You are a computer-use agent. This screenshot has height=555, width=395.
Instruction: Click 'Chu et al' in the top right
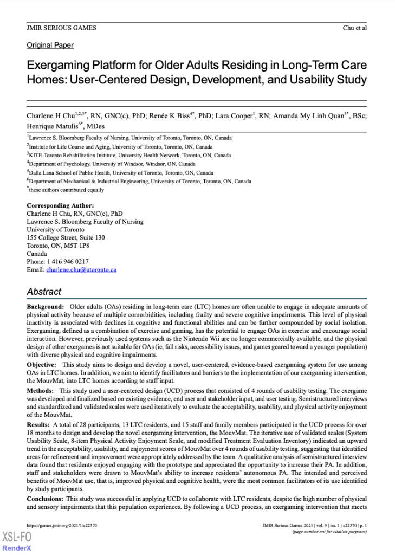[355, 28]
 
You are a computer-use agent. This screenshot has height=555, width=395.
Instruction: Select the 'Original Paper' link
[50, 46]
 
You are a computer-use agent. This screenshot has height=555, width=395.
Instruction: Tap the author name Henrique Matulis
[52, 126]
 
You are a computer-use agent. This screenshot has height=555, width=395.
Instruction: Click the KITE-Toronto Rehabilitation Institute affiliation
[129, 155]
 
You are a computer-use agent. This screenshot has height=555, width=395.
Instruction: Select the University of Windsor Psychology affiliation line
[112, 164]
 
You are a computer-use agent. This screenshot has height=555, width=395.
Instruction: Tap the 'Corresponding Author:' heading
[60, 206]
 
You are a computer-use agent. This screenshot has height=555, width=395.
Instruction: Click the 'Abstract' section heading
[44, 292]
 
